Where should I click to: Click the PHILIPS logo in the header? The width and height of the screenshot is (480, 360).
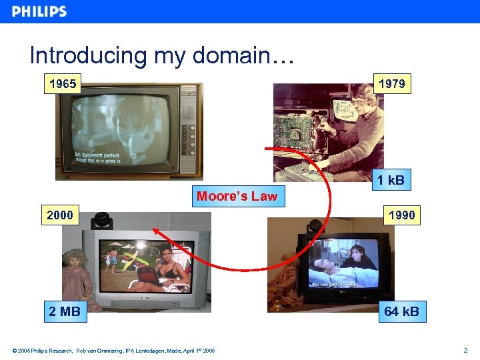point(39,11)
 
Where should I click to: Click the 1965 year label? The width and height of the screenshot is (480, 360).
point(62,84)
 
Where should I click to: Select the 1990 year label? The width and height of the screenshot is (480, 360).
point(401,215)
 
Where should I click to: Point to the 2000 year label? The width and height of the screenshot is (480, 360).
point(60,215)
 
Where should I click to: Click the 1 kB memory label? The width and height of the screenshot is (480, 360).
point(390,180)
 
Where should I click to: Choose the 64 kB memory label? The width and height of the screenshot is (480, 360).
point(401,311)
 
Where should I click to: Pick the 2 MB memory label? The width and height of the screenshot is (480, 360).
point(65,311)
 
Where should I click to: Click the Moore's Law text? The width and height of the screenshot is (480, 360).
point(237,196)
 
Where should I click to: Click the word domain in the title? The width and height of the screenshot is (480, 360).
point(231,55)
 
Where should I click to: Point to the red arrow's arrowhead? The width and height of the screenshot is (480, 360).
point(154,231)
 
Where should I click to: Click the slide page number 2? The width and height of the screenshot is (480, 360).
point(466,350)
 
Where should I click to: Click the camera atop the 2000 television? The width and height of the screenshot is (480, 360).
point(101,219)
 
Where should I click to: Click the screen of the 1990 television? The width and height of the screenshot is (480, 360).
point(343,263)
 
